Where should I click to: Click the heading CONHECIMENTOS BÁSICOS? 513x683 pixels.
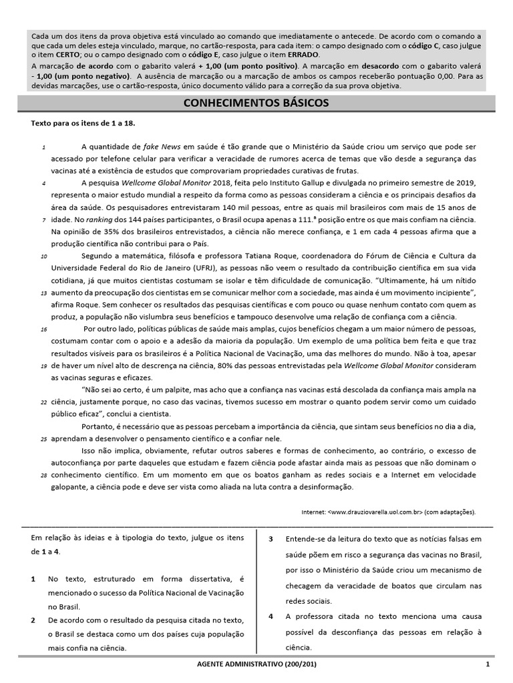click(256, 104)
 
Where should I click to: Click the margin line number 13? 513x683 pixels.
click(43, 293)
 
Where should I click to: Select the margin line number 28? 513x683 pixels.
click(43, 476)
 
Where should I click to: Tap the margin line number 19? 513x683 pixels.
click(43, 366)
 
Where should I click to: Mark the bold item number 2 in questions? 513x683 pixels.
click(33, 620)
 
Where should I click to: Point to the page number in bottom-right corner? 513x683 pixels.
click(488, 664)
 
